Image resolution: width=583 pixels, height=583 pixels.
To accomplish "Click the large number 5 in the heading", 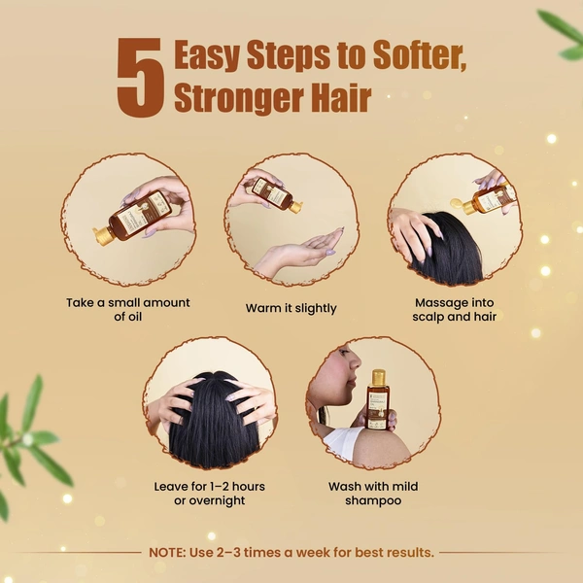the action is point(141,78).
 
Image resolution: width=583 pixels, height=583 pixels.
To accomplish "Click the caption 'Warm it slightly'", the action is point(291,308).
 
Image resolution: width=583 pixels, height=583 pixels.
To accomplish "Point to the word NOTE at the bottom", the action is point(167,553).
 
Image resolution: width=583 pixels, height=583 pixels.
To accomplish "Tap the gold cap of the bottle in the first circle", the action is point(103,236).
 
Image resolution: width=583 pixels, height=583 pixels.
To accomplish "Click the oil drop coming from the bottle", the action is point(456,203).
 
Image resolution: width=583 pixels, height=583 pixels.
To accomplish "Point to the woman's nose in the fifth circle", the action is point(357,360).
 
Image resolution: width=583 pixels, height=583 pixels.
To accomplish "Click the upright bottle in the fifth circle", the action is point(378,399).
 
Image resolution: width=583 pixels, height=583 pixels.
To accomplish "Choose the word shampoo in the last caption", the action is point(373,500).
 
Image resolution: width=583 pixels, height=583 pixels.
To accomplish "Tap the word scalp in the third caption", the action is point(429,317).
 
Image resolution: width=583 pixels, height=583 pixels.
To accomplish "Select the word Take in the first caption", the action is point(80,302).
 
